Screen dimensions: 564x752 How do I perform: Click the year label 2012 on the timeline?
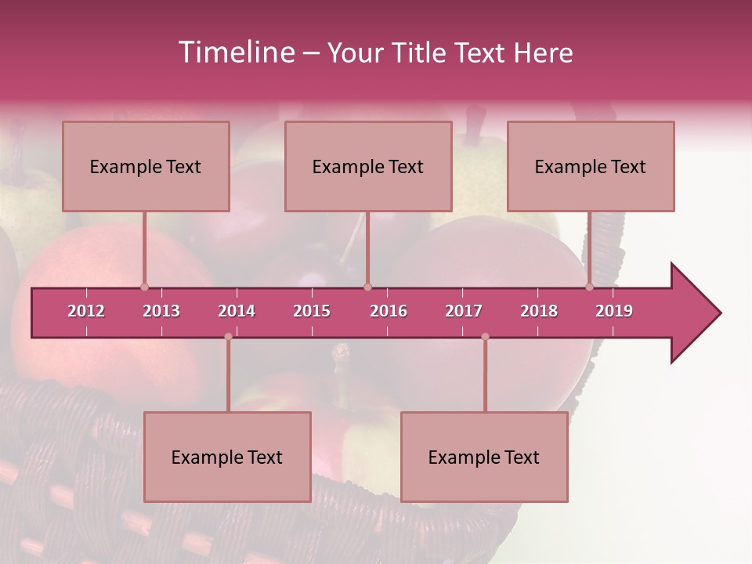click(x=86, y=311)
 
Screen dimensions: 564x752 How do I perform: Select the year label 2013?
click(x=161, y=311)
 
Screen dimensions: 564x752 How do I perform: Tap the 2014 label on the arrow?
click(x=237, y=311)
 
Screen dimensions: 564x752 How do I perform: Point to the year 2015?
click(x=312, y=311)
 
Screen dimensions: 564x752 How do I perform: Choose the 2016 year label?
click(x=389, y=311)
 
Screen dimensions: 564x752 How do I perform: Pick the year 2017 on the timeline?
click(x=464, y=311)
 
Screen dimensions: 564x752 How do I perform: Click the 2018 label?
click(x=539, y=311)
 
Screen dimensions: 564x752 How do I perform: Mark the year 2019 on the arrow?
click(x=614, y=311)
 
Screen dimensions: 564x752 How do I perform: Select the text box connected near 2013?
click(x=146, y=167)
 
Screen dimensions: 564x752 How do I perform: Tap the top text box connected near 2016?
click(x=368, y=167)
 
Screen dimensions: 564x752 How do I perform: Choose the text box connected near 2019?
click(x=591, y=167)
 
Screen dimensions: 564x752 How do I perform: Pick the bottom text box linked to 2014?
click(x=227, y=457)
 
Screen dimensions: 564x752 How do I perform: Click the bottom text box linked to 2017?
click(x=484, y=457)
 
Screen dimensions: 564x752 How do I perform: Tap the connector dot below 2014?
click(x=228, y=337)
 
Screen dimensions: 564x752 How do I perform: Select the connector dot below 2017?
click(x=485, y=337)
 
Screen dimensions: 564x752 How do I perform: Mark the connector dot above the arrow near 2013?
click(x=144, y=287)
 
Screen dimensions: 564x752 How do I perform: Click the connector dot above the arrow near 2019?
click(x=589, y=287)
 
